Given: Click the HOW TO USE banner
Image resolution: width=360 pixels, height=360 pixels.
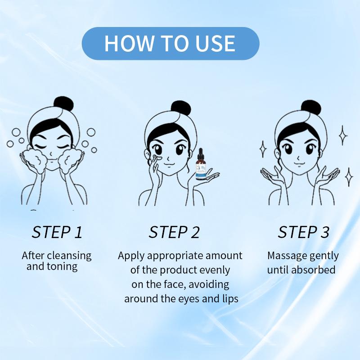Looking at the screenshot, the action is click(x=171, y=43).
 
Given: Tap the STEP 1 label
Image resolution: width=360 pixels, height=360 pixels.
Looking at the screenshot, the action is click(x=57, y=232).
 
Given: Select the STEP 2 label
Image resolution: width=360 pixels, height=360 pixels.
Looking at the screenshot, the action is click(x=174, y=232).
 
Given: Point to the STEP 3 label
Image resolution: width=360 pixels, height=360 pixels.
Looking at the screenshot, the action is click(x=303, y=232).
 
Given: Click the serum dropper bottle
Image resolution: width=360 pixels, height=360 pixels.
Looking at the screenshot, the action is click(x=201, y=164).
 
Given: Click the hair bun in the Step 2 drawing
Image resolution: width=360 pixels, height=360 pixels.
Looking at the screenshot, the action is click(x=181, y=108).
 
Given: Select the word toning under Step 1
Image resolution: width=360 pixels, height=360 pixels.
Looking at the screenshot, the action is click(x=62, y=267).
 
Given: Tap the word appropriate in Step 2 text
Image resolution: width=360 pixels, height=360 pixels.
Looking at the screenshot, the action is click(x=175, y=256).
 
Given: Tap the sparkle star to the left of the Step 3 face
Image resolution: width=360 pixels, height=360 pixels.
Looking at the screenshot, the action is click(x=263, y=149).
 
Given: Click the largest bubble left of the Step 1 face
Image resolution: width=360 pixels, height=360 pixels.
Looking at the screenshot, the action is click(x=16, y=132).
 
